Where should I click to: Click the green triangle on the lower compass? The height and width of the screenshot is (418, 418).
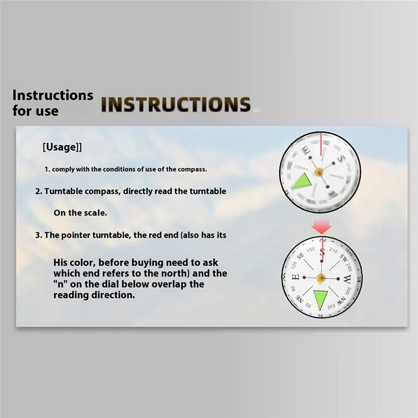point(320,299)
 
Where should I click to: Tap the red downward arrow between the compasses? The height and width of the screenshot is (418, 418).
point(322,227)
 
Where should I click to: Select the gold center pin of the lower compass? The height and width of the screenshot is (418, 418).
point(320,278)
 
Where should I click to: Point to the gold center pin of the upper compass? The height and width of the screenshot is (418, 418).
point(319,172)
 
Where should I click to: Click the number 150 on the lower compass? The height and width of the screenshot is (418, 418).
point(310,250)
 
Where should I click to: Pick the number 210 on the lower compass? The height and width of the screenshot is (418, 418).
point(333,251)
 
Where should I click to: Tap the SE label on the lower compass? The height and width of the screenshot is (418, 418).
point(300,256)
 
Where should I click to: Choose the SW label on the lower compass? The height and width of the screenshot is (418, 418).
point(344,257)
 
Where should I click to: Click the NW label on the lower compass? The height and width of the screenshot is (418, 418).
point(342,301)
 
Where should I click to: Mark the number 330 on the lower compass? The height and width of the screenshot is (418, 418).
point(332,307)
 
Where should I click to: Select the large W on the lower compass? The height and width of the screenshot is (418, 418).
point(347,279)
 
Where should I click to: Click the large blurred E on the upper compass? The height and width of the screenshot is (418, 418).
point(307,151)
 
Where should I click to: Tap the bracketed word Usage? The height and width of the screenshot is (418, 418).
point(62,147)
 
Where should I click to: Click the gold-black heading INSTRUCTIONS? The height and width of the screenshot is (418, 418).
point(176,104)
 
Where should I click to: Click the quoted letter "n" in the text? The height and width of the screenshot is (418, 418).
point(61,284)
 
